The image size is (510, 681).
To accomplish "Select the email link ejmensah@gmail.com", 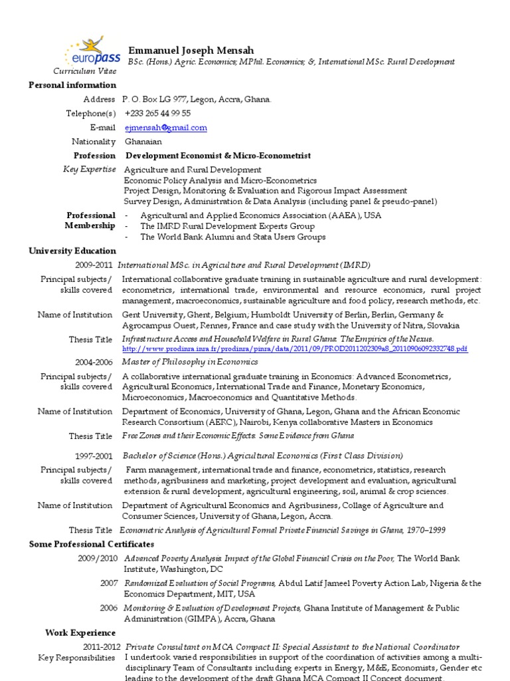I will coord(165,128).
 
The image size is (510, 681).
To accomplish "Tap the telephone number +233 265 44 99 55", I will coord(157,114).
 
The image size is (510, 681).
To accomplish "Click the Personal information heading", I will coord(72,85).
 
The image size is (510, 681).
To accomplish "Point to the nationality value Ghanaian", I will coord(143,142).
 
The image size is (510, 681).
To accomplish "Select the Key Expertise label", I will coord(89,170).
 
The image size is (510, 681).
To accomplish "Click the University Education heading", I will coord(72,251).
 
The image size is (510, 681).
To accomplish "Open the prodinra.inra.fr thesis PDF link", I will coord(295,348).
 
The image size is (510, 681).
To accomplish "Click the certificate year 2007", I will coord(109,583).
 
